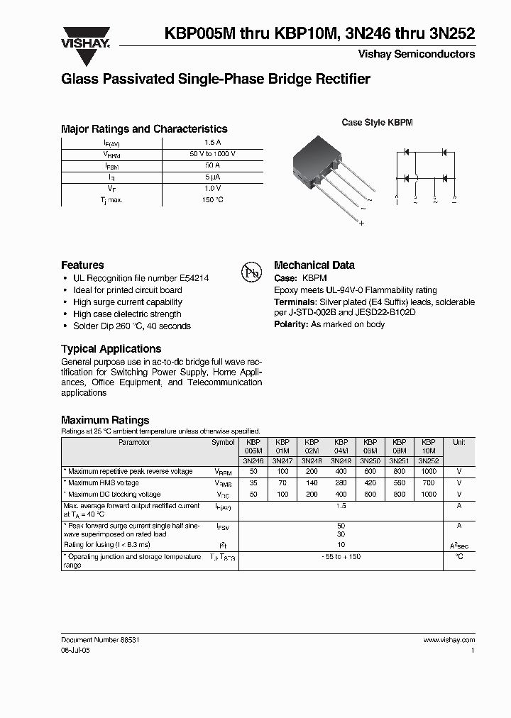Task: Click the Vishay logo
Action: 85,38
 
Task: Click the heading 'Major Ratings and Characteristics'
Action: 144,129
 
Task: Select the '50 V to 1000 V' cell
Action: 212,154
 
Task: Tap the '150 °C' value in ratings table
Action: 212,200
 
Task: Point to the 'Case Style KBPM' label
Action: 377,123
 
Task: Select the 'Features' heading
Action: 82,265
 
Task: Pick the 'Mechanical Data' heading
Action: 314,265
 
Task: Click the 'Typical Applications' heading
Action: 111,349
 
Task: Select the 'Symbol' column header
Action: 222,442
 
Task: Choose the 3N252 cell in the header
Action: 429,460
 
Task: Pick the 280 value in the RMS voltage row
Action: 341,483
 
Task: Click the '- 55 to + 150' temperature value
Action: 341,557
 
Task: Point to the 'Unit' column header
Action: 458,442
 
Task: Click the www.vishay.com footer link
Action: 449,639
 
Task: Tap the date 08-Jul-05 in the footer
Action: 76,650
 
